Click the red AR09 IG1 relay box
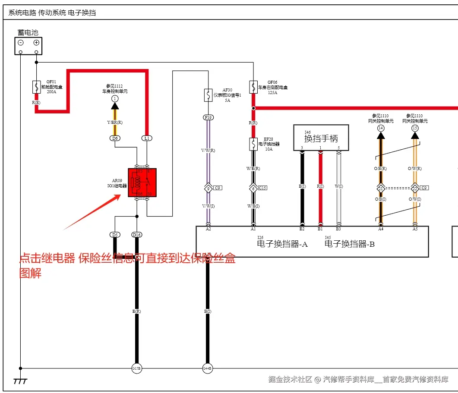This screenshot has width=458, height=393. tap(142, 182)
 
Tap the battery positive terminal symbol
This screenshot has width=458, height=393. tap(36, 42)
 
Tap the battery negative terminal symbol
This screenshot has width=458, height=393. tap(20, 42)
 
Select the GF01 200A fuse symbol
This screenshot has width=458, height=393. tap(36, 87)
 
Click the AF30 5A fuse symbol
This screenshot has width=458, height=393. tap(208, 94)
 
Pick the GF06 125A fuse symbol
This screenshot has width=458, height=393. tap(253, 87)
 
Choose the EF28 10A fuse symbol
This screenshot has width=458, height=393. tap(253, 144)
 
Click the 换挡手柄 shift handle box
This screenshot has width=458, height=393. tap(321, 138)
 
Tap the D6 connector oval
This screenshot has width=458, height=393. tap(115, 138)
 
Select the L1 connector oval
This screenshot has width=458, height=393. tap(147, 138)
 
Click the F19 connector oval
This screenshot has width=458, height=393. tap(208, 117)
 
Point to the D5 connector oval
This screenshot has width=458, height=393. tap(115, 235)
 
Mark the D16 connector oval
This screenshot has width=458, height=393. tap(137, 235)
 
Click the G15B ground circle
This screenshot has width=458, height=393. tap(136, 368)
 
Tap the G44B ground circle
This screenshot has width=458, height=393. tap(208, 368)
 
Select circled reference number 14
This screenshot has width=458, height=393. tap(380, 128)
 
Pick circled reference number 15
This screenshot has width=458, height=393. tap(415, 128)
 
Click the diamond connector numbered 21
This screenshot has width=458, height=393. tap(380, 189)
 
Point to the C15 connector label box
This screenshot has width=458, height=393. tap(262, 188)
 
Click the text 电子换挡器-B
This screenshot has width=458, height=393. tap(350, 244)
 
